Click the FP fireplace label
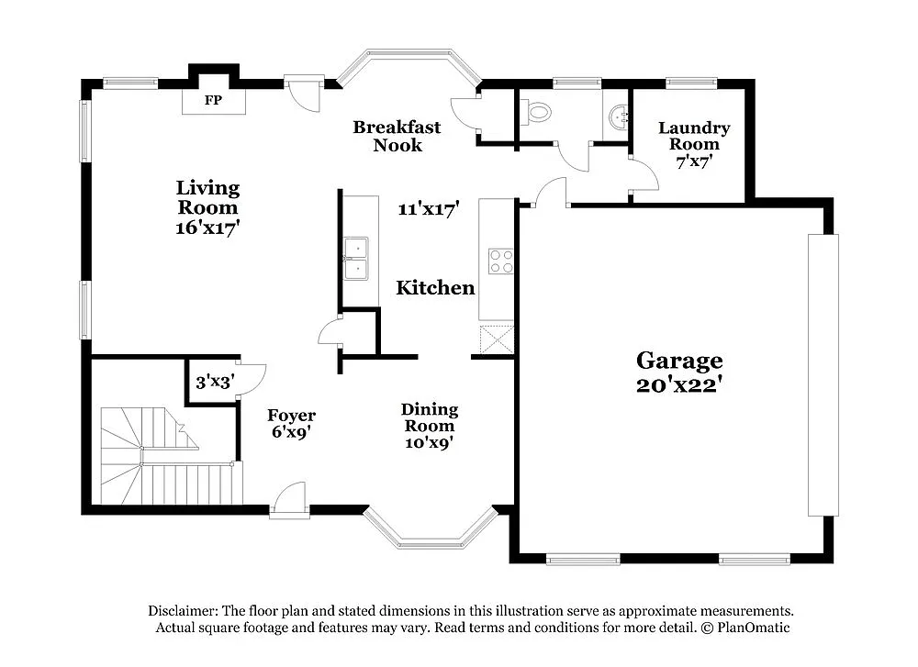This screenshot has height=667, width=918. tap(213, 100)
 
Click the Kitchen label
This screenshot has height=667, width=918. tap(435, 288)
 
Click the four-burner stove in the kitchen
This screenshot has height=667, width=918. tap(500, 261)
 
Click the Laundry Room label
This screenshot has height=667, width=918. tap(694, 136)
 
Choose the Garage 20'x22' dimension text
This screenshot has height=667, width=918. tap(680, 385)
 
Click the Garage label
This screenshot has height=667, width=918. tap(680, 361)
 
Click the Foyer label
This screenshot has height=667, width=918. tap(291, 416)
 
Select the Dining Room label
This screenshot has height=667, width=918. tap(430, 417)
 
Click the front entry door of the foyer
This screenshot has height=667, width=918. tap(291, 501)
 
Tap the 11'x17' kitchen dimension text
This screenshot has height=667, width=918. tap(428, 209)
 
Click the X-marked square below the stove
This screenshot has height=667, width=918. tap(497, 339)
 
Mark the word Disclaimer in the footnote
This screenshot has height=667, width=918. tap(183, 611)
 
